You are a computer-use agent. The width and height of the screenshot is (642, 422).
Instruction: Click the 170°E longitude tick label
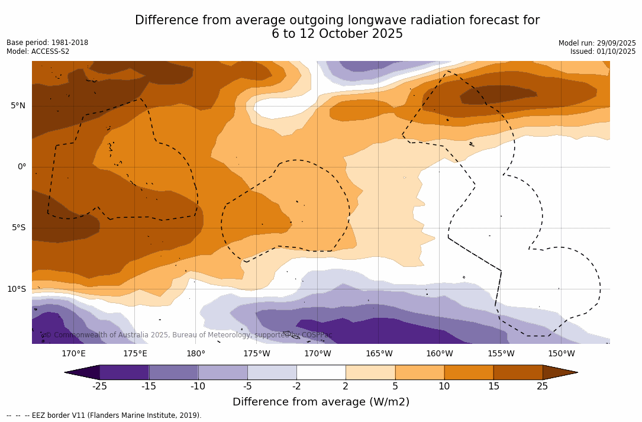click(74, 354)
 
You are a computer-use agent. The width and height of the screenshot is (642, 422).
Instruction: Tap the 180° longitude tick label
click(196, 354)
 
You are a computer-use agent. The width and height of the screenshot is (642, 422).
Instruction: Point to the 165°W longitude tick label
click(379, 354)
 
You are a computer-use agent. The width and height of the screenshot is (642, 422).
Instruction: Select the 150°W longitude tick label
click(562, 354)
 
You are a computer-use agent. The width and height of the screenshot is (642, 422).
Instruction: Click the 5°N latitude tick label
click(18, 106)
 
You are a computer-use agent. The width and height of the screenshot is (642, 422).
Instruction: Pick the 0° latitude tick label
click(22, 167)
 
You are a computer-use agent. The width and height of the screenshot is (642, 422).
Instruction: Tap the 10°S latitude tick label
click(16, 289)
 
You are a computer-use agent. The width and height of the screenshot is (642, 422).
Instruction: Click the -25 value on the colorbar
click(99, 386)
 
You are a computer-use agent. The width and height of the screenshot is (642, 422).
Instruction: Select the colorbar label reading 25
click(543, 386)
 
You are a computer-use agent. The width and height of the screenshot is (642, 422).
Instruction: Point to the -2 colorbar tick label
click(296, 386)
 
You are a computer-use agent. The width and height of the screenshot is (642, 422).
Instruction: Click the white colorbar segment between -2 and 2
click(321, 372)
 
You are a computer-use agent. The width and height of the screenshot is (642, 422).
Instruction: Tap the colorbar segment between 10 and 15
click(469, 372)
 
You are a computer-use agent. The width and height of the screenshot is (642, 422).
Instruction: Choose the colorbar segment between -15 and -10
click(173, 372)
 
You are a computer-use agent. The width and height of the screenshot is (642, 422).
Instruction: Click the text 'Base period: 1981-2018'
click(47, 43)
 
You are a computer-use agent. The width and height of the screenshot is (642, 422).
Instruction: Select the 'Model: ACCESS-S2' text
click(38, 51)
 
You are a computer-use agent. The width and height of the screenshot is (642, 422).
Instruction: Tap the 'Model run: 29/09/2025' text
click(597, 43)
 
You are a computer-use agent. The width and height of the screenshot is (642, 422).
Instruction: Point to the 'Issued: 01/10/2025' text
click(603, 51)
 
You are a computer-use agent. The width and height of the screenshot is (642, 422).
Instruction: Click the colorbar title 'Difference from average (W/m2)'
click(321, 402)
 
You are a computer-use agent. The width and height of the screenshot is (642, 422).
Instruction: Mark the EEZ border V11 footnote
click(104, 415)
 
